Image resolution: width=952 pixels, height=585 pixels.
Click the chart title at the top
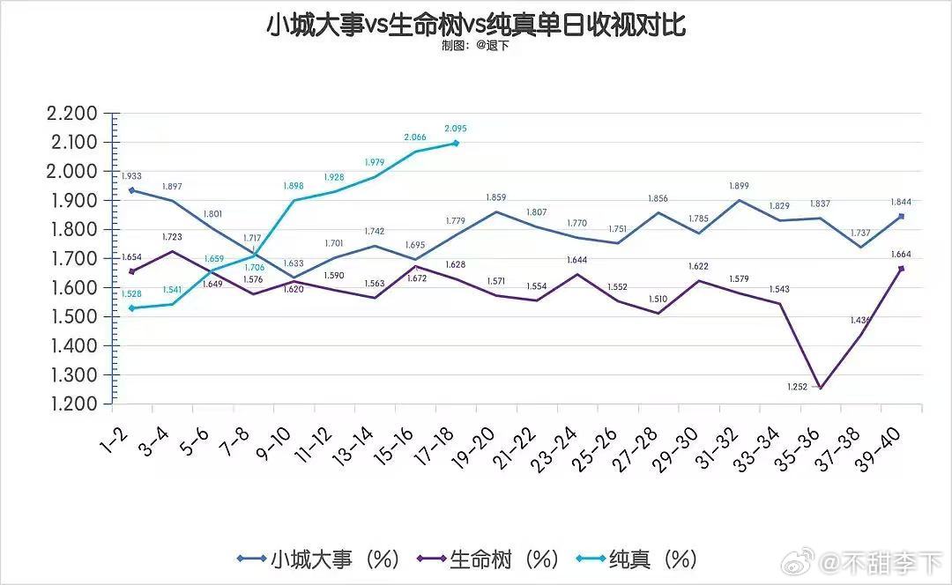[476, 24]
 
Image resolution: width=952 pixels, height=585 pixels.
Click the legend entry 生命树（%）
[490, 559]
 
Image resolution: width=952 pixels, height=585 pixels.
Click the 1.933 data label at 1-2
[132, 176]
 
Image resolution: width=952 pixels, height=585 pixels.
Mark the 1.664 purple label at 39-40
[901, 255]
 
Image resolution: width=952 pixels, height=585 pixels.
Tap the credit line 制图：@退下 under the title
[476, 46]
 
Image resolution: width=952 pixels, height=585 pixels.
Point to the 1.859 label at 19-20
[496, 198]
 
